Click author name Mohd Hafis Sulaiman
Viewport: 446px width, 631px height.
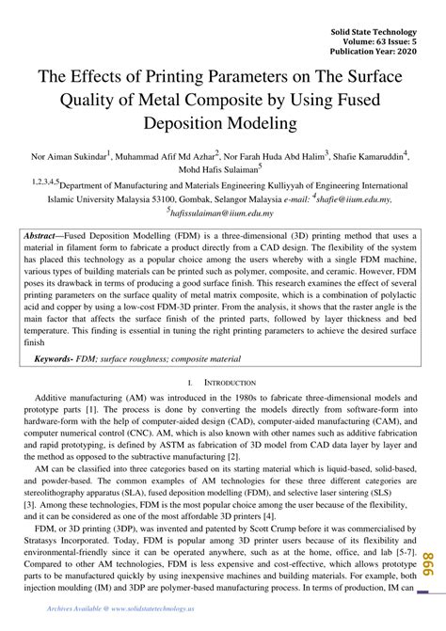pyautogui.click(x=222, y=169)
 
